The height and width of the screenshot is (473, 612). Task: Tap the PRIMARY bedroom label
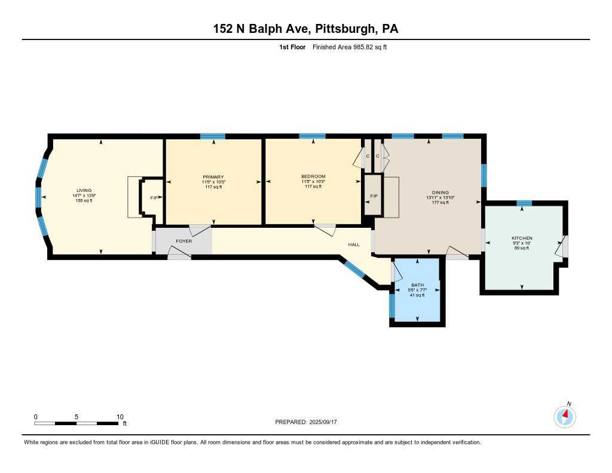213,177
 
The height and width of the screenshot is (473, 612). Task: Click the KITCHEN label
521,238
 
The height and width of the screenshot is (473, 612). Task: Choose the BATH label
417,285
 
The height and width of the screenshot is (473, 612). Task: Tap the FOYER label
183,241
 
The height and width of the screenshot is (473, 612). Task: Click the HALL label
354,244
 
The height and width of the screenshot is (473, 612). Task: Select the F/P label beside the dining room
374,196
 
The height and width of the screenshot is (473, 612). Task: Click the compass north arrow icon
565,416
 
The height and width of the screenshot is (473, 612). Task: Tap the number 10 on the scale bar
120,417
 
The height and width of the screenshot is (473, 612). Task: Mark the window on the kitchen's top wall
524,204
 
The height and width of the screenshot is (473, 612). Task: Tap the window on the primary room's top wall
213,136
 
